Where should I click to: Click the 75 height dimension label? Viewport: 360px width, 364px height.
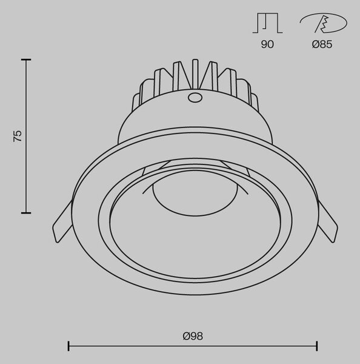[18, 136]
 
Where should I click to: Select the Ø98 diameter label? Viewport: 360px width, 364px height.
[193, 336]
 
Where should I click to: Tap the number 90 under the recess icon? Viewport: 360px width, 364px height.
[267, 44]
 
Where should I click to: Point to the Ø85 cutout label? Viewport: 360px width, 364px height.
[322, 44]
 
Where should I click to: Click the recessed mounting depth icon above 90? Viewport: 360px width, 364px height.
[267, 23]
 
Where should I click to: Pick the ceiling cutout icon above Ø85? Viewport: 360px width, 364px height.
[324, 23]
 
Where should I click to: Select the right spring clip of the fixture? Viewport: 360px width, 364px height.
[327, 223]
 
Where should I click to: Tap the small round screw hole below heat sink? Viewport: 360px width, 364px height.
[195, 98]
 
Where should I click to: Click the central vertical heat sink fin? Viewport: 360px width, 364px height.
[195, 74]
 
